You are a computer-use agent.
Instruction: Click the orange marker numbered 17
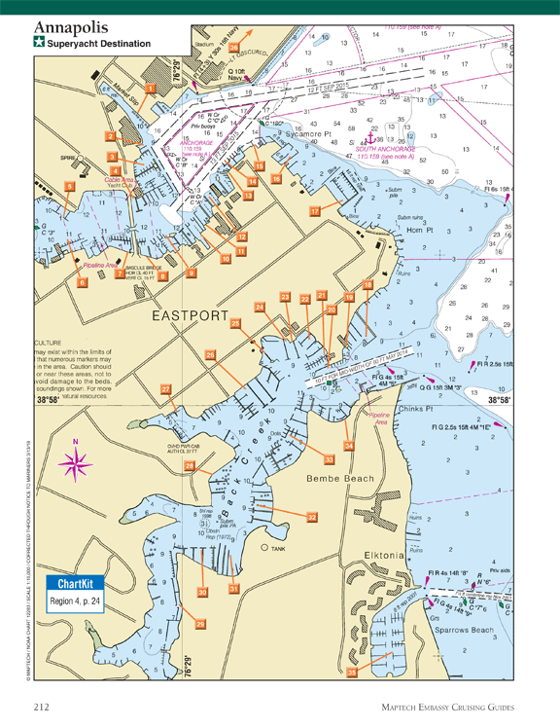click(314, 210)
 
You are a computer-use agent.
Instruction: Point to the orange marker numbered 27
click(166, 388)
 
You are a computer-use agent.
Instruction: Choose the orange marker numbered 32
click(312, 517)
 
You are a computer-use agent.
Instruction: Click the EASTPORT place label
click(189, 317)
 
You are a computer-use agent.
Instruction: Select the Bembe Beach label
click(335, 479)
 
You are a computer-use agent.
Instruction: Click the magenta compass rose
click(77, 457)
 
